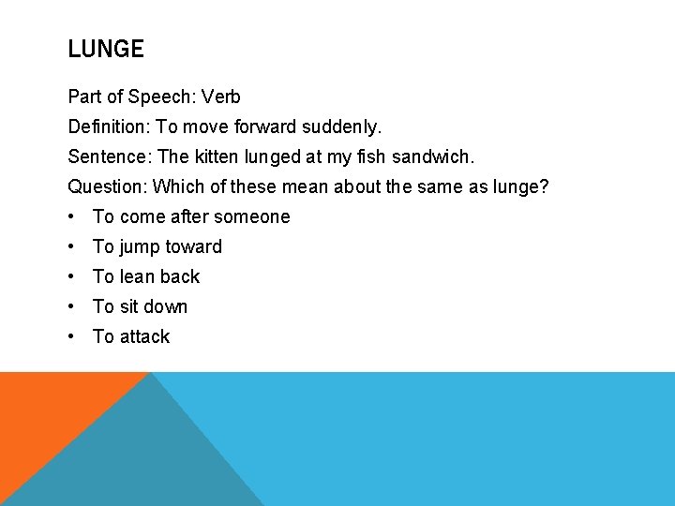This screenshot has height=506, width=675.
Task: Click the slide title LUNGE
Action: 106,50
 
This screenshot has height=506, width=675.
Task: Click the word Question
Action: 107,186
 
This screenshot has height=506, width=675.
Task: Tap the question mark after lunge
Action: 544,186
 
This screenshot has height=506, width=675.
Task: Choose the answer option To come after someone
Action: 191,216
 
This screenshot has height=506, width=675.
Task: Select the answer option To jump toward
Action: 157,246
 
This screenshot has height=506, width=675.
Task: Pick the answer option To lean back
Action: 146,276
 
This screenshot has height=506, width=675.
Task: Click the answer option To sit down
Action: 140,306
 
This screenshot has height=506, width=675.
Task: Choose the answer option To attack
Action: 131,336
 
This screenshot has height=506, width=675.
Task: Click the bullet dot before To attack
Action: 72,336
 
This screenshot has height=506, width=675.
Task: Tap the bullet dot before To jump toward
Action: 72,246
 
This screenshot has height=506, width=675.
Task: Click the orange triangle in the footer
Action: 47,412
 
